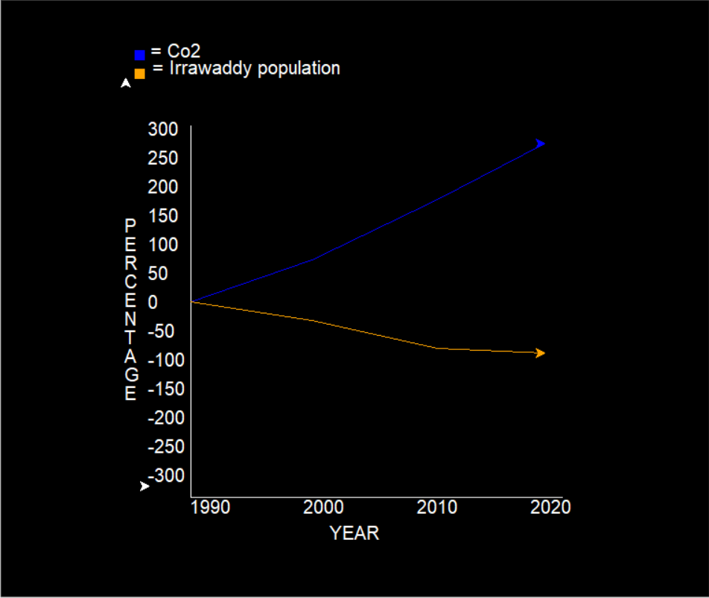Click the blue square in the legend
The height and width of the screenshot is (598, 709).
(139, 55)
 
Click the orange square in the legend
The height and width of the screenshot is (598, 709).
(139, 73)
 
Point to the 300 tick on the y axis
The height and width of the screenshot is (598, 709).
(163, 130)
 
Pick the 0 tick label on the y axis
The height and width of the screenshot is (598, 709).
(153, 302)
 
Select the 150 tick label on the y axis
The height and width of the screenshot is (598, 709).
(163, 216)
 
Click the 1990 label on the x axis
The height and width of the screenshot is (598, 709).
(210, 508)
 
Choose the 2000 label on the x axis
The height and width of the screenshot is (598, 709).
(323, 508)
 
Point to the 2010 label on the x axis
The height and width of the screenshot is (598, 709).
(437, 508)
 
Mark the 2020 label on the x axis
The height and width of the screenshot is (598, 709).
(550, 508)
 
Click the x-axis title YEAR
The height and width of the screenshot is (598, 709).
(354, 533)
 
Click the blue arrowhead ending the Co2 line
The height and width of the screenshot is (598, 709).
(540, 143)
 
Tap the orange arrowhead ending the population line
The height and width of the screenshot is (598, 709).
(540, 353)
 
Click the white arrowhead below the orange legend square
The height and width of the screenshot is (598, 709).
(126, 83)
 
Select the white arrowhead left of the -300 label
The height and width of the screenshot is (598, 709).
(144, 486)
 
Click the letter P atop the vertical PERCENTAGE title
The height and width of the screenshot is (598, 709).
(130, 225)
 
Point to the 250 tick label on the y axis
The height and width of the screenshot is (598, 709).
(163, 158)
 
